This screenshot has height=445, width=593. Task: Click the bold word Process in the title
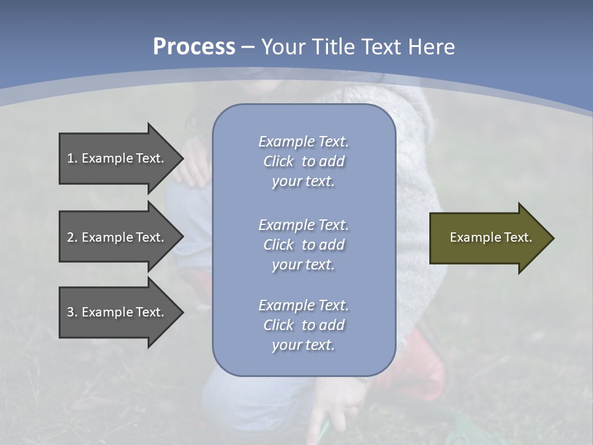click(x=194, y=47)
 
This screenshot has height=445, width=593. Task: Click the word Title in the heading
click(x=333, y=47)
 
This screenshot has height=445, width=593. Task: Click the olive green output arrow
click(x=488, y=238)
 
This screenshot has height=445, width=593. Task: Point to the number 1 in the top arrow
click(x=70, y=158)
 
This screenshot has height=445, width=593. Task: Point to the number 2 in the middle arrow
click(x=70, y=237)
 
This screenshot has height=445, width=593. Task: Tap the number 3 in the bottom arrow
click(x=70, y=312)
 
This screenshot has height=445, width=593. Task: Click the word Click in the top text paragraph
click(x=279, y=161)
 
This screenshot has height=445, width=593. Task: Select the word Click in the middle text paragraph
click(x=279, y=245)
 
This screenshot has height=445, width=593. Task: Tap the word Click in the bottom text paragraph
click(x=279, y=325)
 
